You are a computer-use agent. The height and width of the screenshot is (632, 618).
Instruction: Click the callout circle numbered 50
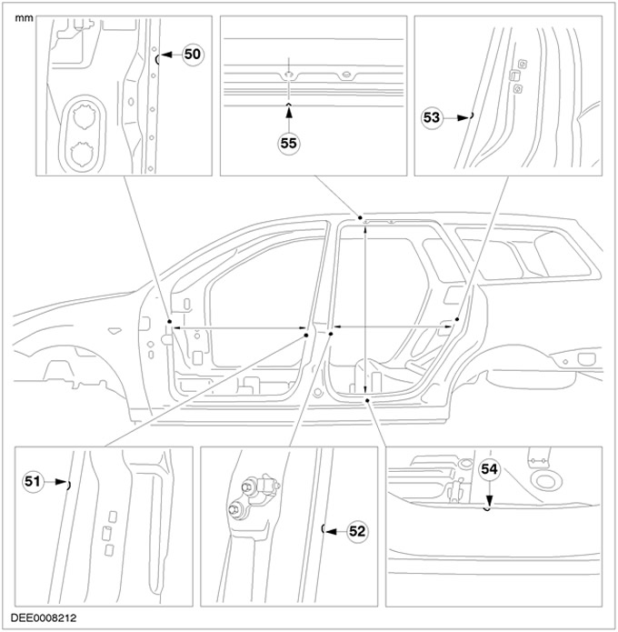(x=192, y=55)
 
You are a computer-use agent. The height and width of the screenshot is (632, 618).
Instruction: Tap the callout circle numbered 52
(x=357, y=531)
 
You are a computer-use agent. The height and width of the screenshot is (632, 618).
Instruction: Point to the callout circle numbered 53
(x=433, y=116)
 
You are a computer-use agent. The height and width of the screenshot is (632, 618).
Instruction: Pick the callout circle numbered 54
(x=490, y=469)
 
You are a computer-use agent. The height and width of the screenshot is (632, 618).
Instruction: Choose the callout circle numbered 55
(x=289, y=143)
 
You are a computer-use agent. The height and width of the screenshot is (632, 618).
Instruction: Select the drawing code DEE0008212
(x=45, y=617)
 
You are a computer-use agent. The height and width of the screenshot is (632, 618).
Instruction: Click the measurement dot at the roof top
(x=361, y=218)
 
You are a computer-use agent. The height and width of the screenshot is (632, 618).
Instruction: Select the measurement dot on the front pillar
(x=169, y=323)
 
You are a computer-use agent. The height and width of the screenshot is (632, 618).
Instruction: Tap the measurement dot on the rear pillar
(x=457, y=320)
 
